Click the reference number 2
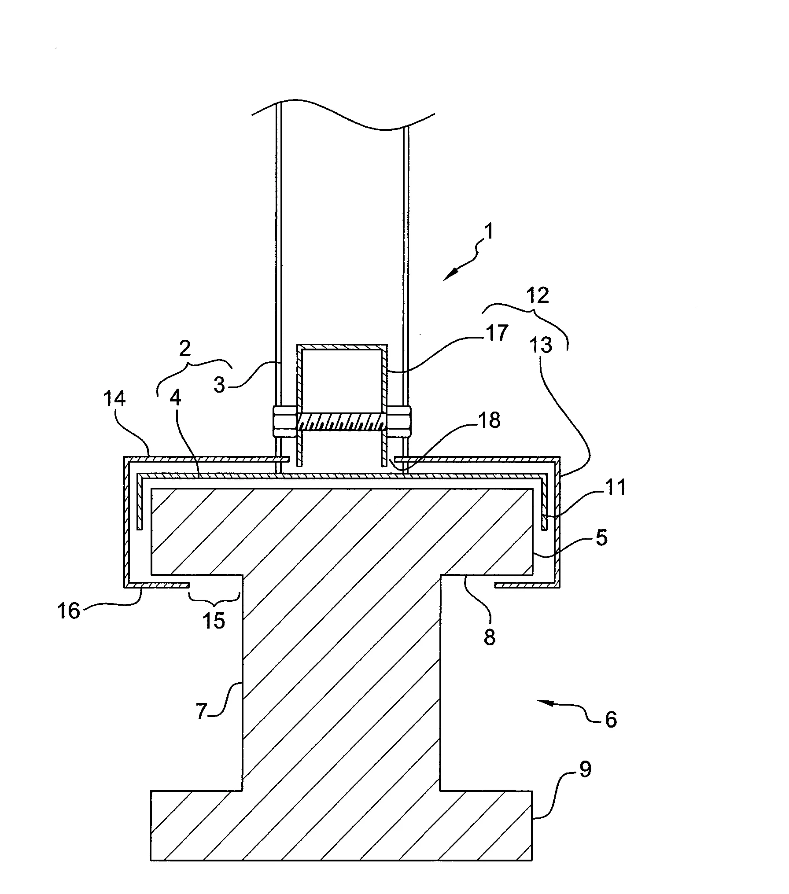(185, 349)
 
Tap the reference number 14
(114, 399)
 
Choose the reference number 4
(175, 399)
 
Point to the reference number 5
(601, 537)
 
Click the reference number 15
(214, 620)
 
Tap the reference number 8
(490, 636)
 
